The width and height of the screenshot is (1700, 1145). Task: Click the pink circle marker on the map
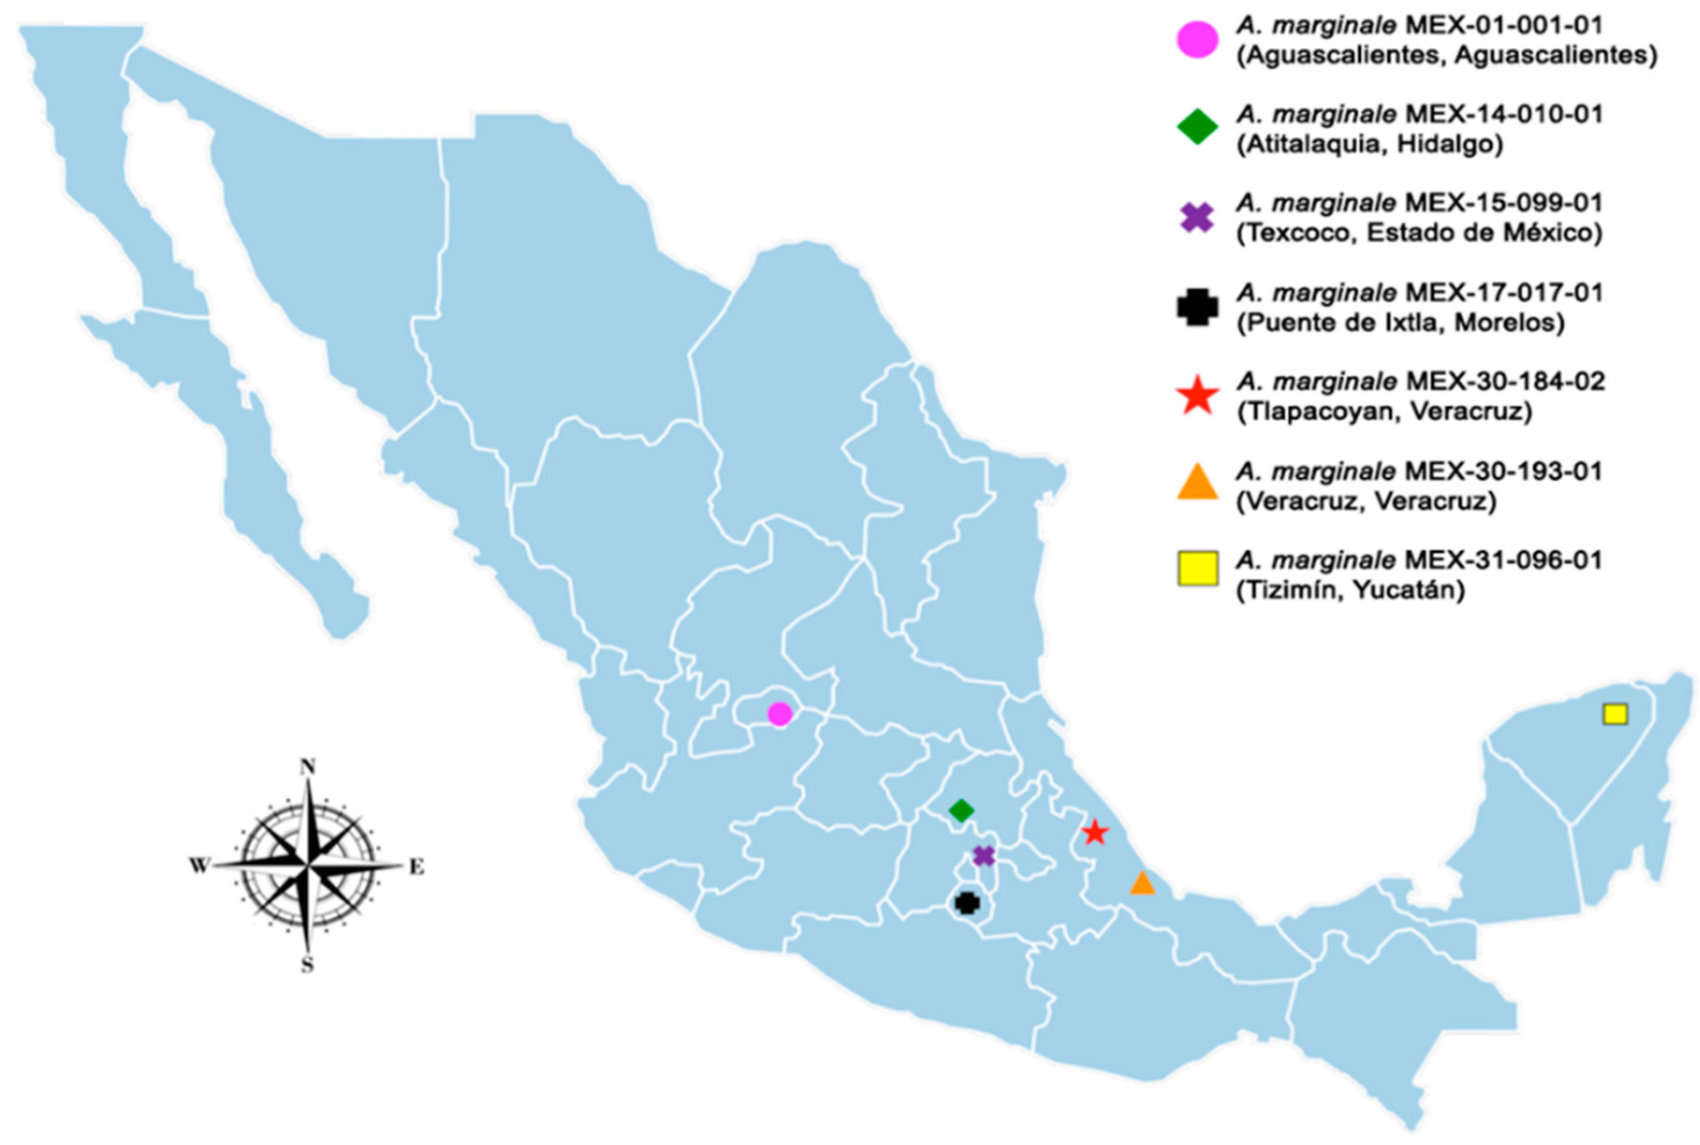click(x=779, y=713)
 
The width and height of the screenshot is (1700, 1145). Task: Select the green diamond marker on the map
click(x=961, y=810)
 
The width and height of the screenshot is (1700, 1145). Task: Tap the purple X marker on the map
click(x=983, y=856)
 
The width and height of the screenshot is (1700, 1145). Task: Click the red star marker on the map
click(x=1094, y=833)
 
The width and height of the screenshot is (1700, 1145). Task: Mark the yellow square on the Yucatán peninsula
click(x=1615, y=713)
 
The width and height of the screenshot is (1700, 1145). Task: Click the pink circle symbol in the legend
click(x=1197, y=39)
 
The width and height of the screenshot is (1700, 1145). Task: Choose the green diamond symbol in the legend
click(x=1197, y=127)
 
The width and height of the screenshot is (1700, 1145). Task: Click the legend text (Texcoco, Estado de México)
click(x=1419, y=233)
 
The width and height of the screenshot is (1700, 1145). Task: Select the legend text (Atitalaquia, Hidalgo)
click(x=1369, y=144)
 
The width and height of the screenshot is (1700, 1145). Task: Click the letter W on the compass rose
click(x=199, y=866)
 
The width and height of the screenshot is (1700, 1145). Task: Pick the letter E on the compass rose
click(x=415, y=867)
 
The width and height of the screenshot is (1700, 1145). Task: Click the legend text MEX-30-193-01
click(x=1504, y=472)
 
